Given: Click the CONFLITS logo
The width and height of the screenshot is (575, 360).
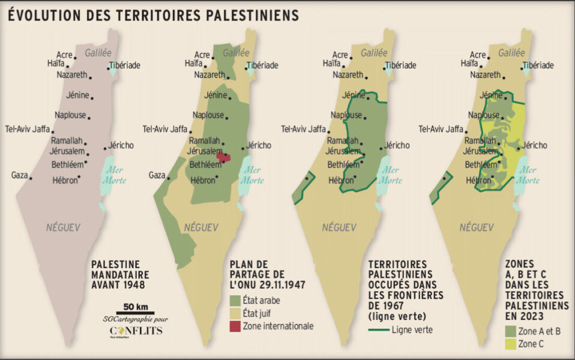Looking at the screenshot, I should point(135,331).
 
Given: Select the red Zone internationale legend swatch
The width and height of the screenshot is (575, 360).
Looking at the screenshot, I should point(235,326).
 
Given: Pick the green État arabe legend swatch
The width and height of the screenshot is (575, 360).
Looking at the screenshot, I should point(235,300).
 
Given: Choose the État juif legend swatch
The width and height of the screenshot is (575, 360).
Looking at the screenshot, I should point(235,313).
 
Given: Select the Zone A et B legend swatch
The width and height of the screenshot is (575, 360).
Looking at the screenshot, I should point(510,329).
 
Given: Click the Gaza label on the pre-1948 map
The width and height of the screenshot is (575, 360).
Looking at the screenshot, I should point(20,175).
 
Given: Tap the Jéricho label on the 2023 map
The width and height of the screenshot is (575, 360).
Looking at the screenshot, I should point(534,145).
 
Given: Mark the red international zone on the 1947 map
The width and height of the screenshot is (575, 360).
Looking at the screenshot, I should point(223,157).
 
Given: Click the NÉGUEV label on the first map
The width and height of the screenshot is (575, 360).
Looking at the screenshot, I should point(63,227).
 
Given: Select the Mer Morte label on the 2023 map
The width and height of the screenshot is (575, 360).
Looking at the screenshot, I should point(528,175).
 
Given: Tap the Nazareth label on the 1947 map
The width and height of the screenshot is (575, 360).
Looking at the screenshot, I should point(209,75).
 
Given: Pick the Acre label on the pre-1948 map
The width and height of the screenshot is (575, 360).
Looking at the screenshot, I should point(64,55).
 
